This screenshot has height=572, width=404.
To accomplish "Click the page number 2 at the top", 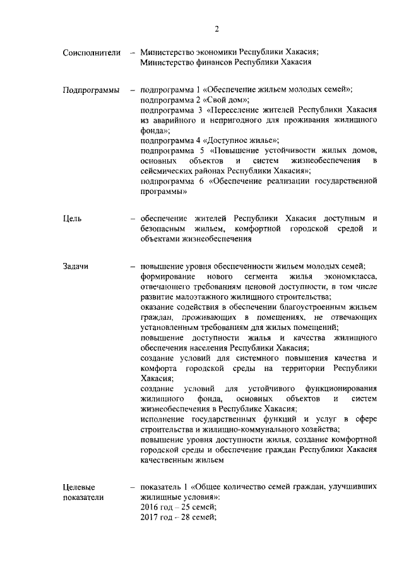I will (x=217, y=28).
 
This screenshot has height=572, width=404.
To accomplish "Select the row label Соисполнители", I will (x=92, y=52).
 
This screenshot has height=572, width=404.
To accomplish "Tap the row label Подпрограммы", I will (x=92, y=90).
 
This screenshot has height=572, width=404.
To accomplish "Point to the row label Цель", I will (x=72, y=219).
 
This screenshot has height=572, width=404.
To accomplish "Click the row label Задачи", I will (x=76, y=266).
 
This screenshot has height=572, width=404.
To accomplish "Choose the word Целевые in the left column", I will (x=79, y=487).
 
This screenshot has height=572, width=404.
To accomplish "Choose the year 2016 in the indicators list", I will (x=149, y=507).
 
